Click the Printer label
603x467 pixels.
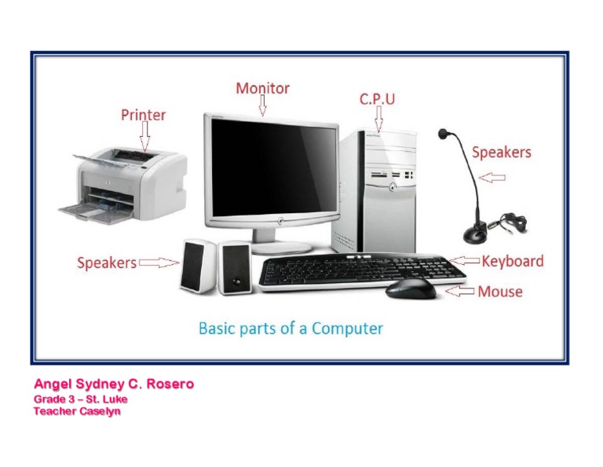143,115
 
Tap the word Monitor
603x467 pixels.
262,88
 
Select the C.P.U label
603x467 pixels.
377,99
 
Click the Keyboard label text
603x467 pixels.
512,261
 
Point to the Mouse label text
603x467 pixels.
500,292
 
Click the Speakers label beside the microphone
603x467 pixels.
501,153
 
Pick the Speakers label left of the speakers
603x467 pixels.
107,263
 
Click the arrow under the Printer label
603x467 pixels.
144,137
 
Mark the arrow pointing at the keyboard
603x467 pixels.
466,261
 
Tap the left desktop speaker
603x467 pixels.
197,267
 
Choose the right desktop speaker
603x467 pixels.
234,267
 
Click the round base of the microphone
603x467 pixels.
477,233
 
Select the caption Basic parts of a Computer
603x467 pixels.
291,328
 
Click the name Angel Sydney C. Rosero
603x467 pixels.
113,384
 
